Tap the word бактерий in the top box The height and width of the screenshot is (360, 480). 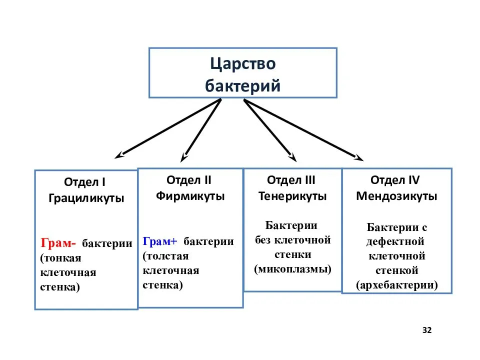(x=243, y=85)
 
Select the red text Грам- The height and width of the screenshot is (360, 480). (x=58, y=243)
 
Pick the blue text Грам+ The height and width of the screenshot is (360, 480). (x=160, y=241)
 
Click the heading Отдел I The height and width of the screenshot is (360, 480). (x=85, y=182)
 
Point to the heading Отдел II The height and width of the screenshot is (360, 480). (x=189, y=180)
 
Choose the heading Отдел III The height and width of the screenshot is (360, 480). (x=291, y=180)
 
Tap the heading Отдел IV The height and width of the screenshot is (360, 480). (x=395, y=180)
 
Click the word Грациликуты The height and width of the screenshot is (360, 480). (x=86, y=198)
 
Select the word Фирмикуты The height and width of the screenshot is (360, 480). (x=190, y=196)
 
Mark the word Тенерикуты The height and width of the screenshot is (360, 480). (x=292, y=196)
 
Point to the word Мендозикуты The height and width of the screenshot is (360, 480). (x=396, y=196)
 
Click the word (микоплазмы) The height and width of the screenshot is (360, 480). (x=292, y=269)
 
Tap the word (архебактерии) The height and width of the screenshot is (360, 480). (x=396, y=284)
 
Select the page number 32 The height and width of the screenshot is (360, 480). (x=427, y=330)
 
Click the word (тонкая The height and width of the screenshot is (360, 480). (x=60, y=258)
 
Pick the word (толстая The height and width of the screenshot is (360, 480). (x=165, y=256)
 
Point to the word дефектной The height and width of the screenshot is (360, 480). (x=395, y=241)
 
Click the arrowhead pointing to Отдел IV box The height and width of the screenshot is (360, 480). (x=359, y=158)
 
